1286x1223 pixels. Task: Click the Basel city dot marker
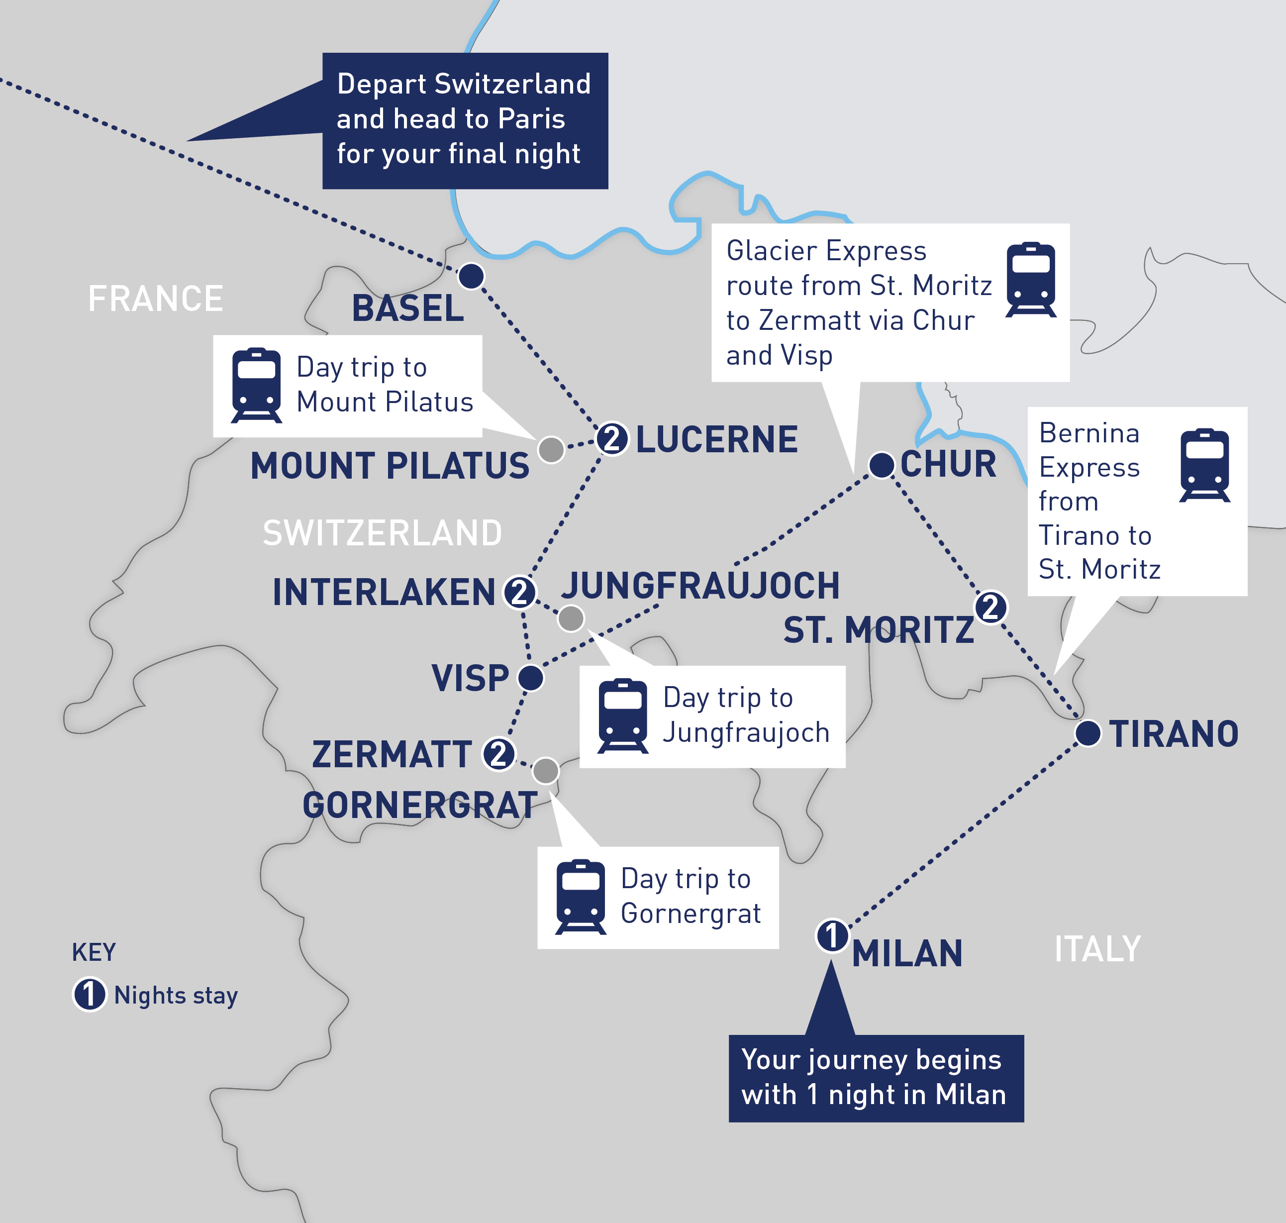[471, 276]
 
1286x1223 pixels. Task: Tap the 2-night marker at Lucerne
[612, 439]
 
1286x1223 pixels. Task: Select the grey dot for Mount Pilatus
[551, 449]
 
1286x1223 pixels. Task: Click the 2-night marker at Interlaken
[519, 593]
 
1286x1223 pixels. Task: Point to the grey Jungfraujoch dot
[571, 618]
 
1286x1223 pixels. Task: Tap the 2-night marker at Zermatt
[498, 754]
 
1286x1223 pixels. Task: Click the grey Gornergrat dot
[546, 771]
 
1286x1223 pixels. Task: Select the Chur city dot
[881, 465]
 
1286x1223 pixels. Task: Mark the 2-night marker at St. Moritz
[990, 607]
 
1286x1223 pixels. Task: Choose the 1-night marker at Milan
[832, 936]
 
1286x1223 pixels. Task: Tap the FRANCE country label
[155, 299]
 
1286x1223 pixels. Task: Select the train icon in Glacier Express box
[1030, 279]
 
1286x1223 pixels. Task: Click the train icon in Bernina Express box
[1204, 465]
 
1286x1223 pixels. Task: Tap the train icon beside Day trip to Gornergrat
[580, 897]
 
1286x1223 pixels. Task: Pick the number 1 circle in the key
[89, 995]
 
